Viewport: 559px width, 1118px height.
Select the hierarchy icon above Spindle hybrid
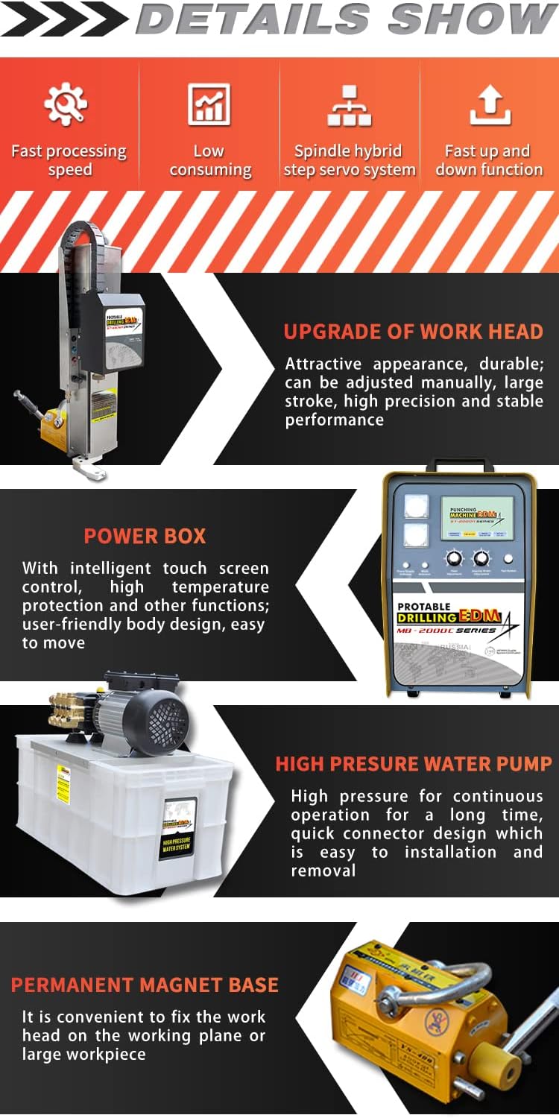[x=349, y=105]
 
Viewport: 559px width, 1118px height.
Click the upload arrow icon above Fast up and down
[x=489, y=105]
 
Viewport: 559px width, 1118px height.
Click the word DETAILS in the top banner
[x=253, y=19]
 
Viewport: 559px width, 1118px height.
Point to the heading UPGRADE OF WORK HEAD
[x=413, y=332]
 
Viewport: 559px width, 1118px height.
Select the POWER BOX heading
[x=145, y=536]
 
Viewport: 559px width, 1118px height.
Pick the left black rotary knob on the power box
[x=455, y=558]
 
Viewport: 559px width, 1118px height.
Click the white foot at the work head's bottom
[x=89, y=467]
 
